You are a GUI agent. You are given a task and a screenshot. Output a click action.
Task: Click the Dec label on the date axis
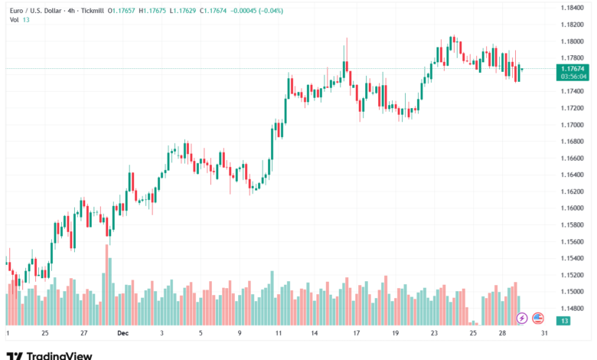[x=123, y=333]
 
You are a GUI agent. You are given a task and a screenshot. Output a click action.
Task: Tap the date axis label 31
[x=543, y=333]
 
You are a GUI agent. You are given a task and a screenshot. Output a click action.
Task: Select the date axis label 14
[x=315, y=333]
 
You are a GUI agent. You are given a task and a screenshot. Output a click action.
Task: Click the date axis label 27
[x=83, y=333]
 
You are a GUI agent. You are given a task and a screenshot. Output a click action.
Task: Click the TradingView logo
[x=49, y=355]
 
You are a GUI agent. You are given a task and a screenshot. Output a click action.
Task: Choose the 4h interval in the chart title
[x=69, y=11]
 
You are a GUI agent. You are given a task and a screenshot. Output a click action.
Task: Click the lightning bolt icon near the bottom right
[x=523, y=317]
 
